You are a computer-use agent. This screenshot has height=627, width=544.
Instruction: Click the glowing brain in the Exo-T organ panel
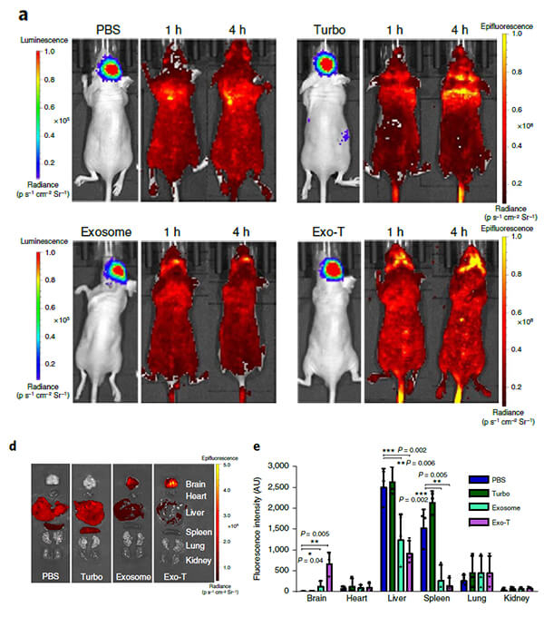170,484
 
